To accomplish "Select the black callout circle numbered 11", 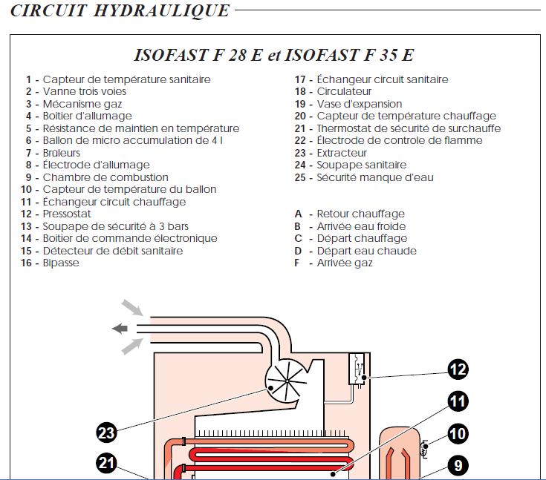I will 458,401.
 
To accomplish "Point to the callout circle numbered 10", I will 458,433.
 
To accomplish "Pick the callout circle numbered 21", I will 108,464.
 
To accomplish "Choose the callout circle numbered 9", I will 458,465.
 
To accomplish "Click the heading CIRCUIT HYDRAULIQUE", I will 120,11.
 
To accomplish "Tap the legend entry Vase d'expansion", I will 360,104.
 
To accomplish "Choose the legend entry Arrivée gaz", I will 345,263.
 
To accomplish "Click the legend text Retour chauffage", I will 360,214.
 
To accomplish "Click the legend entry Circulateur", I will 344,91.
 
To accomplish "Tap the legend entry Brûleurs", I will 62,153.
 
